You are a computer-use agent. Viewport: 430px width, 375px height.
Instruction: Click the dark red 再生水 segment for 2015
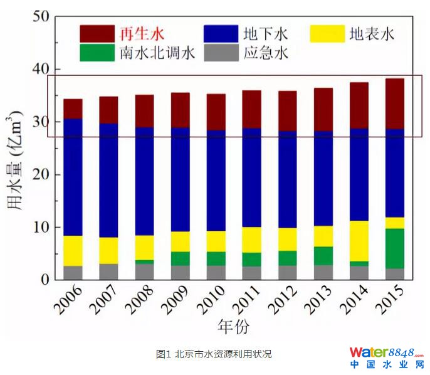tap(394, 103)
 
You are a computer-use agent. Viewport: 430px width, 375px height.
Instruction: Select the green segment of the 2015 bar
tap(394, 248)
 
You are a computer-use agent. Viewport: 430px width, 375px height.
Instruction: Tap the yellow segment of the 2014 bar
tap(359, 241)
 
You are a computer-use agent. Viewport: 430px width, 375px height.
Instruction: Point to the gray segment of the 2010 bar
tap(216, 273)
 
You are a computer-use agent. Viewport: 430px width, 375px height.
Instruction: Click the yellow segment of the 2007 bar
tap(108, 250)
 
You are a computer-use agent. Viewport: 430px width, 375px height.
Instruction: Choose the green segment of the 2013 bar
tap(323, 256)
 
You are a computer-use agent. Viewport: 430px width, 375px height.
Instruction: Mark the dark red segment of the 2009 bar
tap(181, 110)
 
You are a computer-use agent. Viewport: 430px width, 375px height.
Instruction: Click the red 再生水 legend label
tap(140, 33)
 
